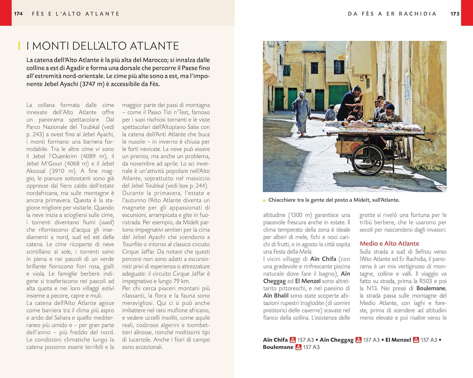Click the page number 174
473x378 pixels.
(18, 14)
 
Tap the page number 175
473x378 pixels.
(455, 14)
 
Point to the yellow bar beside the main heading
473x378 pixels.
(19, 46)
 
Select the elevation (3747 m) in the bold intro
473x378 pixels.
(94, 84)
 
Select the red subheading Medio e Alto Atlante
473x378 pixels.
(389, 243)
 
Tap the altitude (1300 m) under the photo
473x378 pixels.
(300, 215)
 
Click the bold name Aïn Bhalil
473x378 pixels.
(276, 296)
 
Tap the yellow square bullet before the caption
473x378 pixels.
(264, 200)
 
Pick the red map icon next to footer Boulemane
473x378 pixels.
(298, 347)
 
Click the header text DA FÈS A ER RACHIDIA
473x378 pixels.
(392, 14)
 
